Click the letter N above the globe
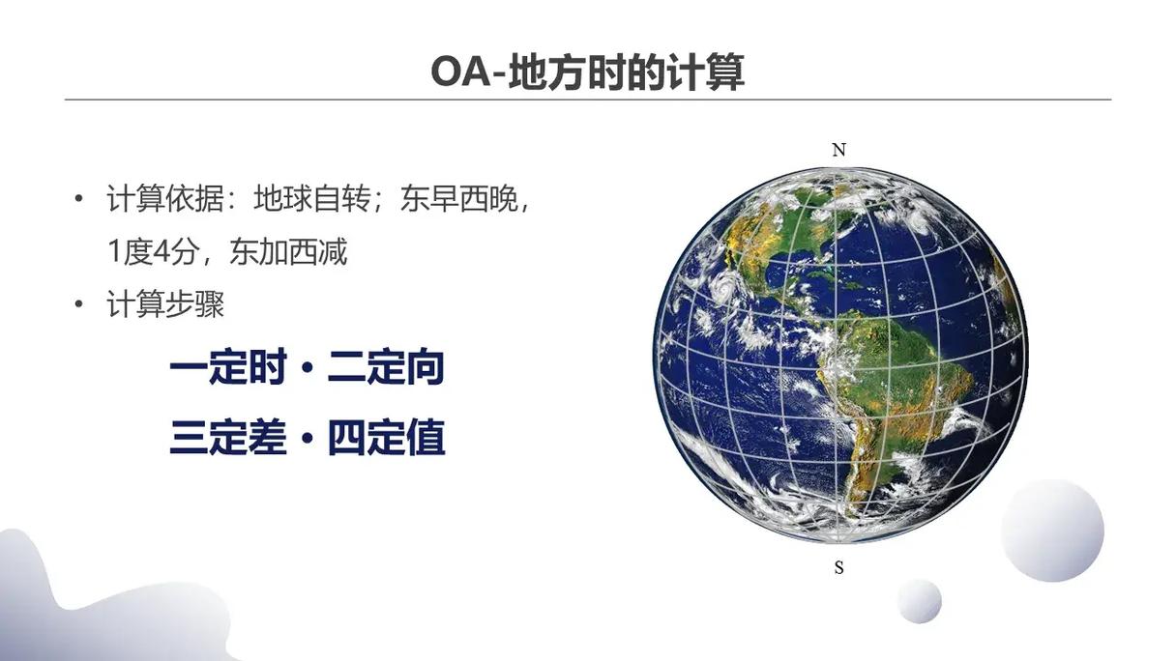point(838,150)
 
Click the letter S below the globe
point(838,567)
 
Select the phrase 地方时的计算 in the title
point(627,72)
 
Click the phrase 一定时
point(228,366)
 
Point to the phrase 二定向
point(386,366)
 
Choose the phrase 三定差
point(228,437)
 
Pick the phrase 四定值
point(387,437)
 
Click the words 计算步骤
point(165,303)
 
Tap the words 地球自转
point(312,199)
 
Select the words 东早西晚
point(459,199)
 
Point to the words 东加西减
point(288,251)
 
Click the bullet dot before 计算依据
point(78,199)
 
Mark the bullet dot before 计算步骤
point(78,303)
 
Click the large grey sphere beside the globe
point(1052,531)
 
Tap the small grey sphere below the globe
point(920,601)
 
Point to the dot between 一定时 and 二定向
point(308,366)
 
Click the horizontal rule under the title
point(588,100)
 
